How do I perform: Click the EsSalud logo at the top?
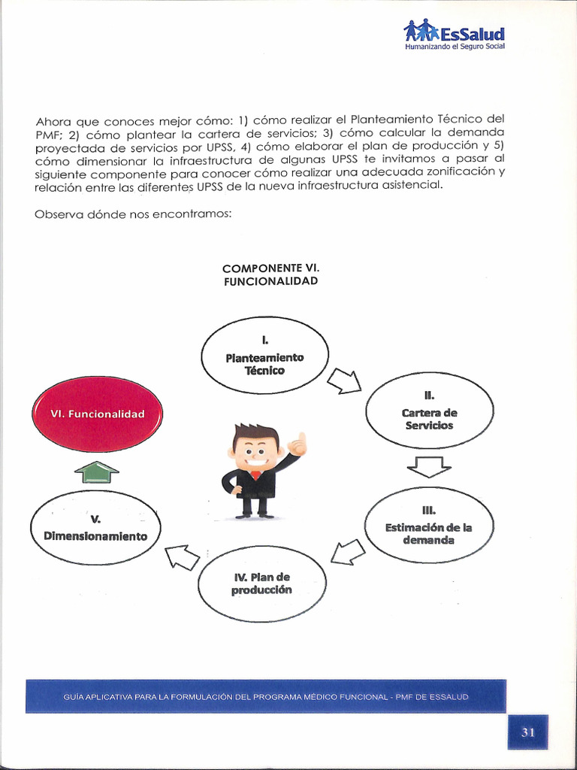(454, 32)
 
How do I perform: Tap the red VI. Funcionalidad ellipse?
(96, 414)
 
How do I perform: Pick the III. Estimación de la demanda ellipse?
(428, 526)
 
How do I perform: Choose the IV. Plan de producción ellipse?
(261, 584)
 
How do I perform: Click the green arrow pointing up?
(97, 472)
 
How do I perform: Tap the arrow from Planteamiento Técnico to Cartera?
(346, 380)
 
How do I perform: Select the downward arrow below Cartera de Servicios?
(428, 467)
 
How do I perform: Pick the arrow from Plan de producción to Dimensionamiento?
(182, 556)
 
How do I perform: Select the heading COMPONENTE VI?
(270, 268)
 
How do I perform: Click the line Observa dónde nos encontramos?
(133, 214)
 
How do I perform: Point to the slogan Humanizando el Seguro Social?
(455, 47)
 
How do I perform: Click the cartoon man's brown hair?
(255, 434)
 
